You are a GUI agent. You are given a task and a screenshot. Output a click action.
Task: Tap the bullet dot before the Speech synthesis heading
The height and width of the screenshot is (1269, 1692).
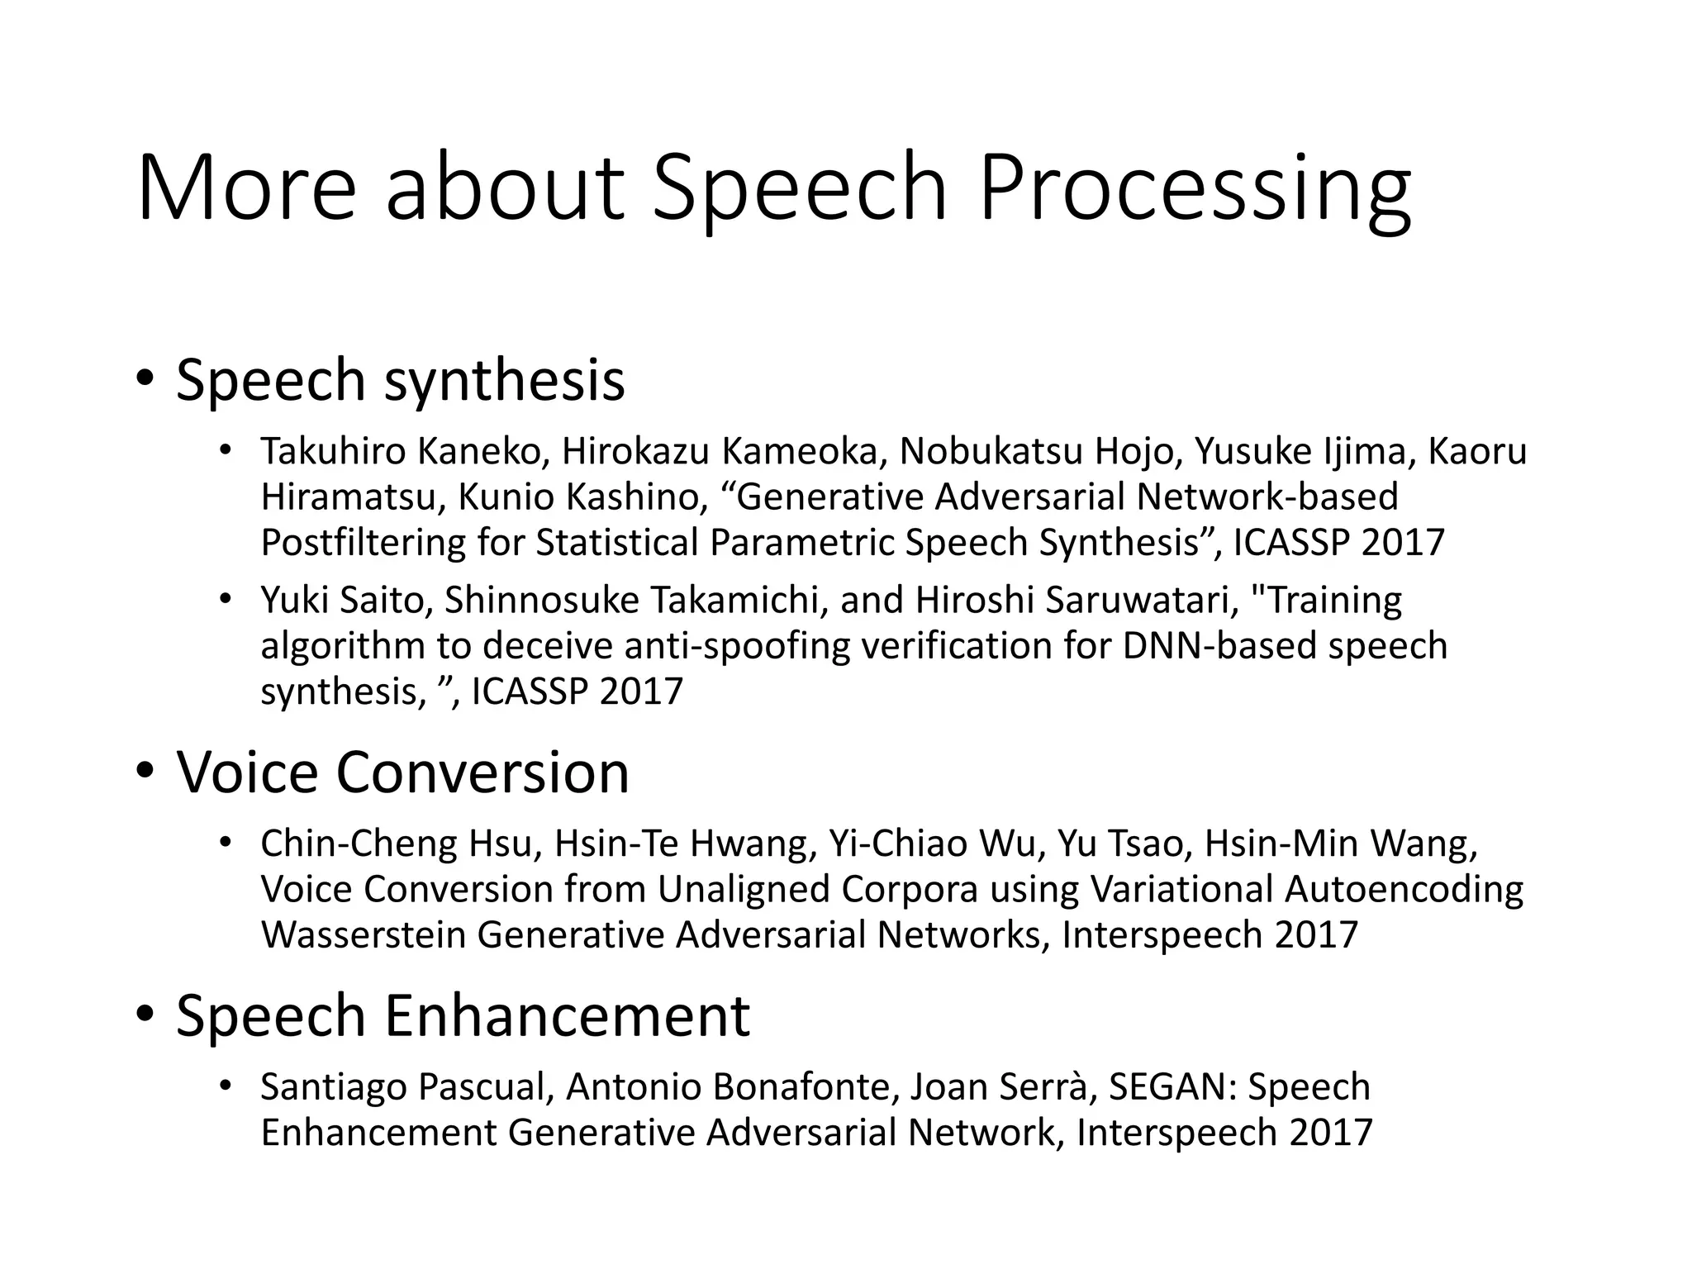(x=145, y=380)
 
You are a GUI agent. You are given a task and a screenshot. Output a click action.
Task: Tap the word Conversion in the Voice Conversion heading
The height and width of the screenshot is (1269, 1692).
(x=482, y=772)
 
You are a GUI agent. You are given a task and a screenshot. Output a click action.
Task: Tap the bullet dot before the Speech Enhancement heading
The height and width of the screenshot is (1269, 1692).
(x=145, y=1015)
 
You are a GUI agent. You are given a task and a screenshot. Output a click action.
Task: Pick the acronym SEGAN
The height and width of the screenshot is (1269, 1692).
(x=1171, y=1087)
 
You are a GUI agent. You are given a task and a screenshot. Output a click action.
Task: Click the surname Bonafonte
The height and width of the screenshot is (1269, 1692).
(x=800, y=1087)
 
